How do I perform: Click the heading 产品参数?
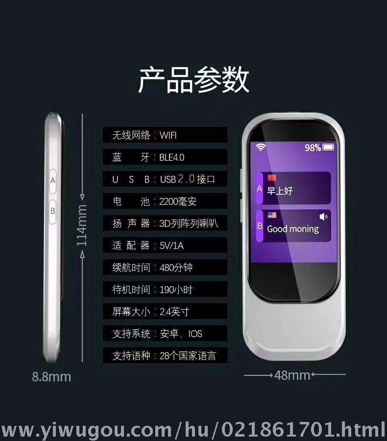tap(193, 79)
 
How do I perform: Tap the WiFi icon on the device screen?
tap(261, 147)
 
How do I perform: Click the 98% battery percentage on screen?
tap(313, 147)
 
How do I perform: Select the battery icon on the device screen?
tap(328, 147)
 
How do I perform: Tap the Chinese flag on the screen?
tap(272, 178)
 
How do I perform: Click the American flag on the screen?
tap(272, 215)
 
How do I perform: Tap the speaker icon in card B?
tap(323, 217)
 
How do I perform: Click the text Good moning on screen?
tap(293, 229)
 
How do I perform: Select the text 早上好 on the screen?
tap(280, 191)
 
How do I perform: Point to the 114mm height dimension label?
tap(82, 225)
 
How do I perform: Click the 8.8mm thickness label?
tap(51, 377)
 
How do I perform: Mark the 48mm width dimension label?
tap(292, 375)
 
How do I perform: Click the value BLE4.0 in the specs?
tap(171, 157)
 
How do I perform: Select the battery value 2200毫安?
tap(178, 201)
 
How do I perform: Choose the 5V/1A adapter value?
tap(171, 245)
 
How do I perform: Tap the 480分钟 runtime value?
tap(176, 268)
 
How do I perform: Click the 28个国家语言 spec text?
tap(188, 356)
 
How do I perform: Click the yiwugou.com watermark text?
tap(193, 430)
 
